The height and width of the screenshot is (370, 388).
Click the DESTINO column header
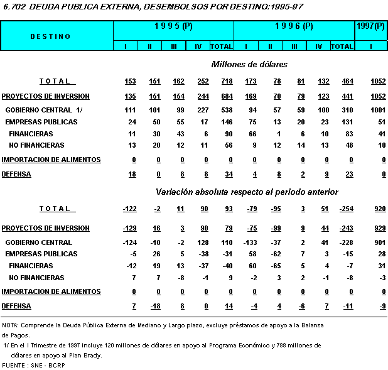coord(50,36)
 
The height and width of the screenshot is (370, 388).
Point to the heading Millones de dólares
coord(249,64)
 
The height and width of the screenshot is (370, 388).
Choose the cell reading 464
coord(342,81)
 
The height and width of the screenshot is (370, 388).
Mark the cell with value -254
coord(340,209)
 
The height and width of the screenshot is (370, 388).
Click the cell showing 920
coord(379,209)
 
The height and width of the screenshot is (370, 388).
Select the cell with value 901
coord(379,242)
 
